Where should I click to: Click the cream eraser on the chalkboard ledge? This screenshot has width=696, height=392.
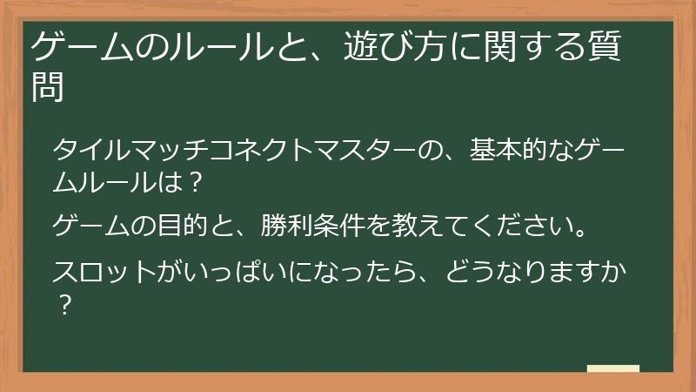point(613,368)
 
